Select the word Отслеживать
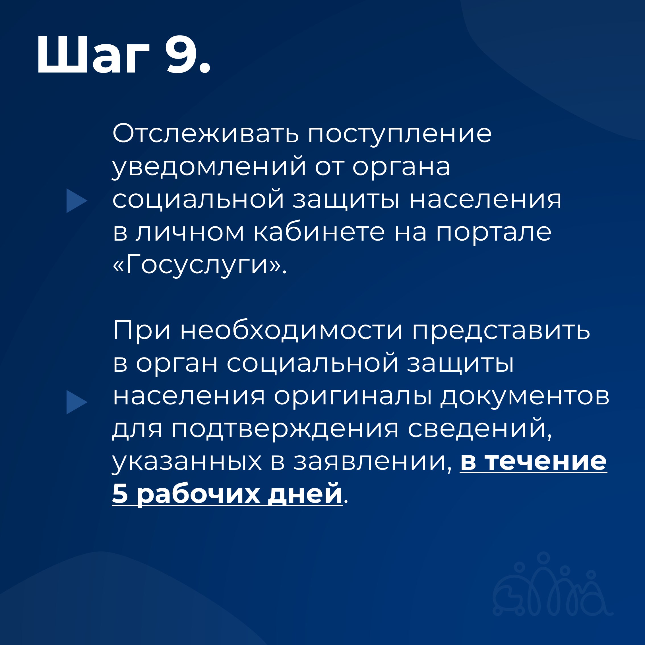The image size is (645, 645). [206, 134]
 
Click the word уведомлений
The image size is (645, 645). [209, 167]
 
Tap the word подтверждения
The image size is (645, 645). [286, 430]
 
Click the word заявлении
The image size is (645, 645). [370, 462]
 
